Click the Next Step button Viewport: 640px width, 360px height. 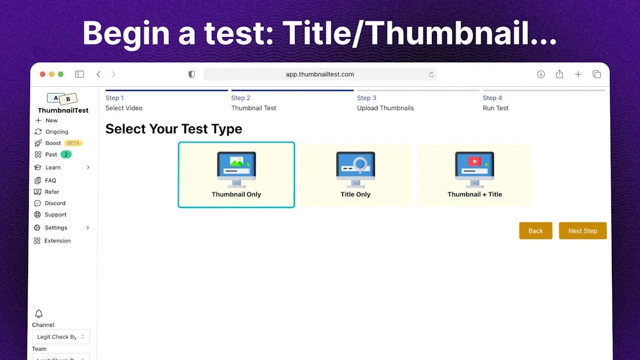[582, 231]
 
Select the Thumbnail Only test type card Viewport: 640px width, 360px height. [236, 175]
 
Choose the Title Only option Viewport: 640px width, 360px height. [356, 175]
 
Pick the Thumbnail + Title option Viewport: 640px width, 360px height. [474, 175]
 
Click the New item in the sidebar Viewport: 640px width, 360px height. [51, 121]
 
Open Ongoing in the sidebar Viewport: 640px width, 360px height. [56, 132]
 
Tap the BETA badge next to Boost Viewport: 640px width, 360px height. [73, 143]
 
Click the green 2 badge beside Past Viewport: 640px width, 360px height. [66, 154]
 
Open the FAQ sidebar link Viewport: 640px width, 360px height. [50, 181]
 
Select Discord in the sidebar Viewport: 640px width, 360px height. [55, 203]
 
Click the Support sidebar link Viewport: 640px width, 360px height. [55, 214]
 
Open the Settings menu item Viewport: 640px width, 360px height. [56, 227]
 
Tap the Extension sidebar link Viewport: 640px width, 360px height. [57, 241]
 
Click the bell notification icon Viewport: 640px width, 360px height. [39, 314]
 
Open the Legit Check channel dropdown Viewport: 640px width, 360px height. [61, 337]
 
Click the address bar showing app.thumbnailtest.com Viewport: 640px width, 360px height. [320, 74]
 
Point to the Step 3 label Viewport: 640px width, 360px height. [367, 98]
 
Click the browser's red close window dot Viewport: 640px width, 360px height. [42, 74]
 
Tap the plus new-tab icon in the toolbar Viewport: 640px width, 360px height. [578, 74]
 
